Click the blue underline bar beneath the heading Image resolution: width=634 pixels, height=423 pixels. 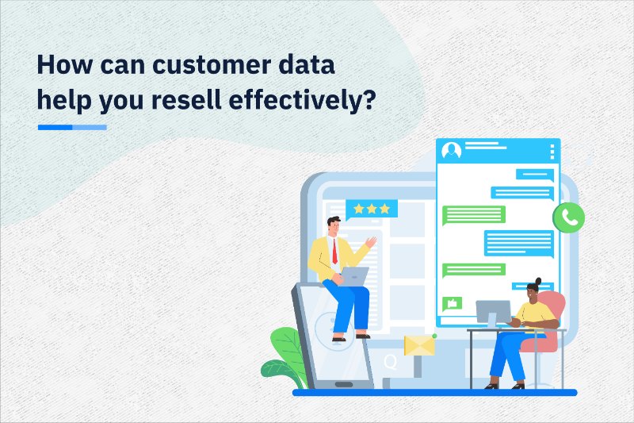72,127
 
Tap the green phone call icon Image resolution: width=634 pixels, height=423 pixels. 569,217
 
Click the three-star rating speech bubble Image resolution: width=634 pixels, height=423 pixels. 372,210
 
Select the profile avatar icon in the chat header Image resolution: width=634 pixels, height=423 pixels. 451,150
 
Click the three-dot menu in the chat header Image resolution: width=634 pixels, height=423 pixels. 552,151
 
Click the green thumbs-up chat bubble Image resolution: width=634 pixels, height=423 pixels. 453,302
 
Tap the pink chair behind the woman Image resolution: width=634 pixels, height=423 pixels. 551,321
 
